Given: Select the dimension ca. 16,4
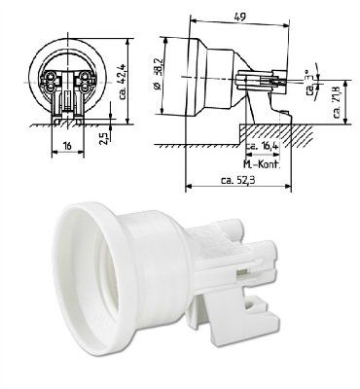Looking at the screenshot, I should coord(261,147).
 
